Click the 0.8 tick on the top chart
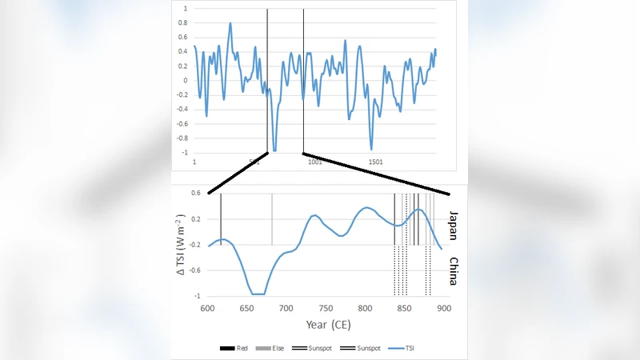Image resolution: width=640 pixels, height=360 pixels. coord(184,23)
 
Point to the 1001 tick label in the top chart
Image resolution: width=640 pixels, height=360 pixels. coord(314,162)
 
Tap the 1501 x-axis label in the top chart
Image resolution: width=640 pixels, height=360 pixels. coord(375,162)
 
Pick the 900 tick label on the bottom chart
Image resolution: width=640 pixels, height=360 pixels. coord(443,309)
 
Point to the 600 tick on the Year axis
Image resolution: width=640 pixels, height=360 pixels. coord(207,309)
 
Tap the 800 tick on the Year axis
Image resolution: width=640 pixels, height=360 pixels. coord(365,309)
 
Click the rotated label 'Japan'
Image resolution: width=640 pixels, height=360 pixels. coord(453,224)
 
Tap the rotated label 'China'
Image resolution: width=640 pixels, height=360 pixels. coord(453,272)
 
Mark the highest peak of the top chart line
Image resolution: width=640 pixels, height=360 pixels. coord(230,23)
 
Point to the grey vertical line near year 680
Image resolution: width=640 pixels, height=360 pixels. coord(272,220)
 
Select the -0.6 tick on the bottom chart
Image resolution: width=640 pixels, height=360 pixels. coord(195,270)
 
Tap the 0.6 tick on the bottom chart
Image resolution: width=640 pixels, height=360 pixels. coord(195,193)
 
